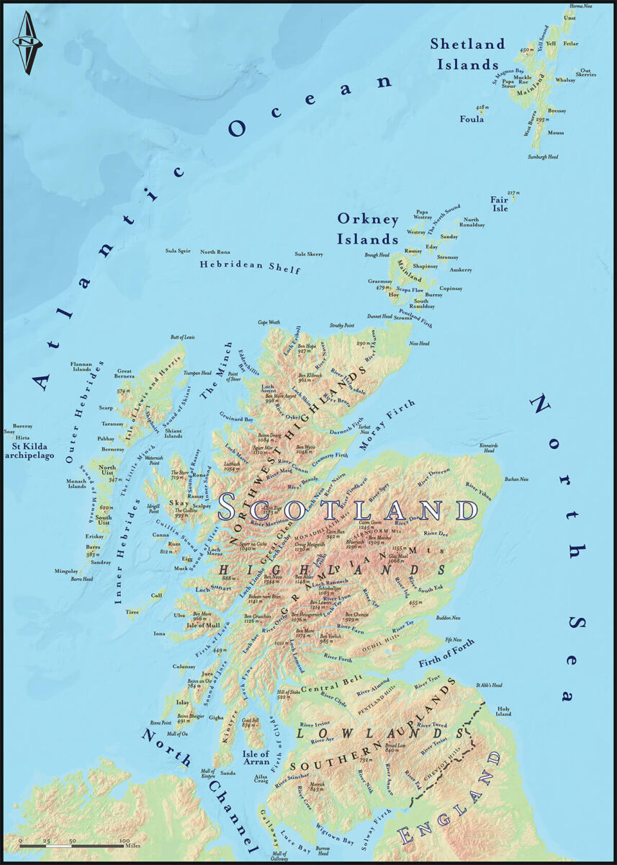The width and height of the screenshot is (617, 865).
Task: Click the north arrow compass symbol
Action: pyautogui.click(x=27, y=44)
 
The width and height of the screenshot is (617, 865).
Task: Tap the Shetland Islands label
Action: pyautogui.click(x=467, y=54)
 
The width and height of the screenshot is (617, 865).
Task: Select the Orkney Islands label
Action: pyautogui.click(x=368, y=229)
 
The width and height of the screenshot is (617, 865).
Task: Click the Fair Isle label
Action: pyautogui.click(x=500, y=204)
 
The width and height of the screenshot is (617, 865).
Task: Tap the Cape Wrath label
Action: pyautogui.click(x=269, y=322)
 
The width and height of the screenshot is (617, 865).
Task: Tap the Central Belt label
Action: pyautogui.click(x=324, y=688)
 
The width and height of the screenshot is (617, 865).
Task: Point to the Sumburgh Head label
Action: pyautogui.click(x=542, y=156)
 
